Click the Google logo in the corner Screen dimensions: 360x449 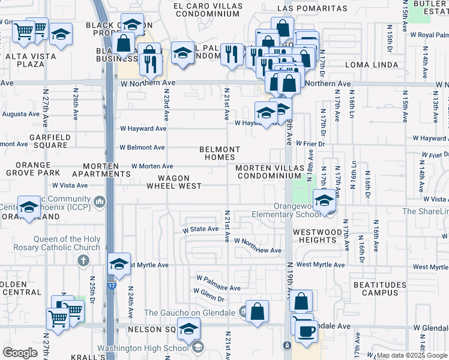coord(20,352)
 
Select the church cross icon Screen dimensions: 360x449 coord(84,260)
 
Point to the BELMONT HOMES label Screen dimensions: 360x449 coord(220,154)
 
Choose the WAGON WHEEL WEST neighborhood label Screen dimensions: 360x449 coord(174,182)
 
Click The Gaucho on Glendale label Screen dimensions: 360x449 coord(190,312)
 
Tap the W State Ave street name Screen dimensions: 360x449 coord(200,229)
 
